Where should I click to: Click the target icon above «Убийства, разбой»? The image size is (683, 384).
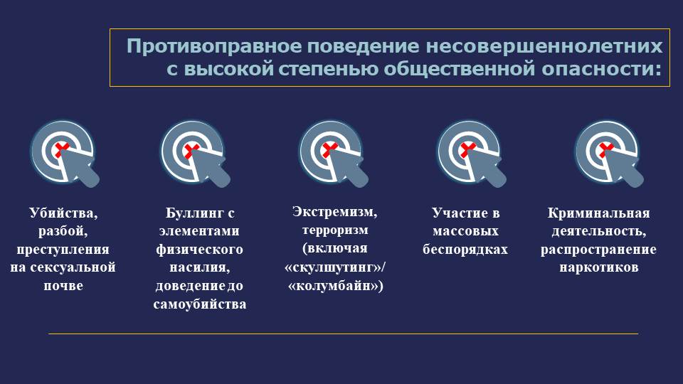coord(65,154)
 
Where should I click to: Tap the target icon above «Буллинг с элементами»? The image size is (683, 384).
coord(195,154)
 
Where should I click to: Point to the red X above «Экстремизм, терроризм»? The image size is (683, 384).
coord(329,149)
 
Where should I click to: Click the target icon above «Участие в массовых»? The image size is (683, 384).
coord(471,154)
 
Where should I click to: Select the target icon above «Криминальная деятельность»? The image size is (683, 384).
coord(609,154)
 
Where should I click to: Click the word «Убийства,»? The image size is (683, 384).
coord(63,213)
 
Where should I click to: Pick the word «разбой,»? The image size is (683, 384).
coord(63,231)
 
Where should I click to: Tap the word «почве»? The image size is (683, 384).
coord(63,286)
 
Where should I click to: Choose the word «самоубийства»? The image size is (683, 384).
coord(200,304)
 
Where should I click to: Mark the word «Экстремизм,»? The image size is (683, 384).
coord(335,212)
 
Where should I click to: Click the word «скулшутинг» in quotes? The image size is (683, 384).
coord(333,267)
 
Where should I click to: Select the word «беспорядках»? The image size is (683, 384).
coord(465,250)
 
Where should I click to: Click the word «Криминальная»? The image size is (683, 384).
coord(599,213)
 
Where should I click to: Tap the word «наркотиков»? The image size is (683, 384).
coord(599,267)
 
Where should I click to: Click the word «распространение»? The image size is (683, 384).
coord(598,250)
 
